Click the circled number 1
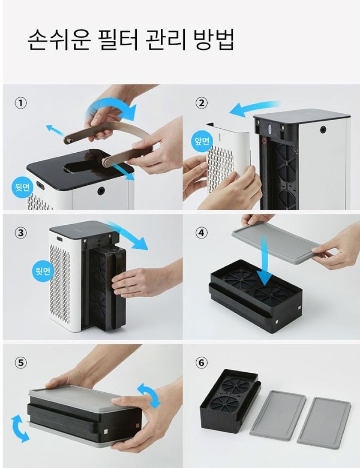click(x=20, y=103)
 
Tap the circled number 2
click(x=201, y=103)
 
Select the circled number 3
click(x=20, y=233)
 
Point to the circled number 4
click(x=201, y=233)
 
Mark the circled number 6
click(x=201, y=362)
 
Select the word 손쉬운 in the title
click(x=58, y=40)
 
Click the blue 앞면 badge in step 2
click(x=202, y=141)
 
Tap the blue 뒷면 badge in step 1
click(x=22, y=187)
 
